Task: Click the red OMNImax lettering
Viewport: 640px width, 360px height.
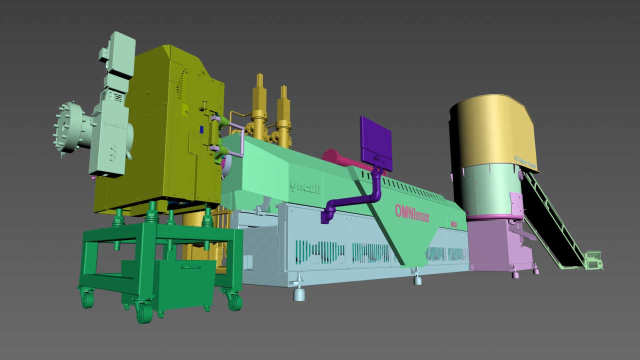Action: point(411,211)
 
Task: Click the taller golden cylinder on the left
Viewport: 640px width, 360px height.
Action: point(259,107)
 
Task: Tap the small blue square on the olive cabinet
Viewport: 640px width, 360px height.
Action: point(201,129)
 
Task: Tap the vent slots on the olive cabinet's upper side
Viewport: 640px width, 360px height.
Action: point(182,85)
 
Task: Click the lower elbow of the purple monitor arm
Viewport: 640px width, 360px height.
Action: point(328,212)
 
